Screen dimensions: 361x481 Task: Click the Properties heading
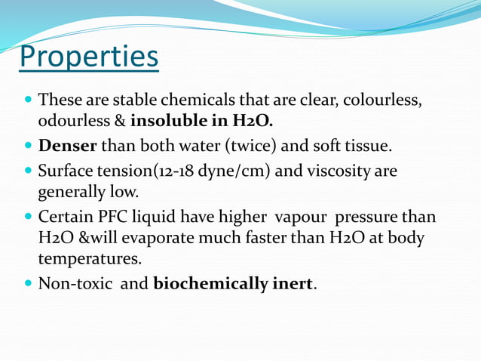pos(89,57)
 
